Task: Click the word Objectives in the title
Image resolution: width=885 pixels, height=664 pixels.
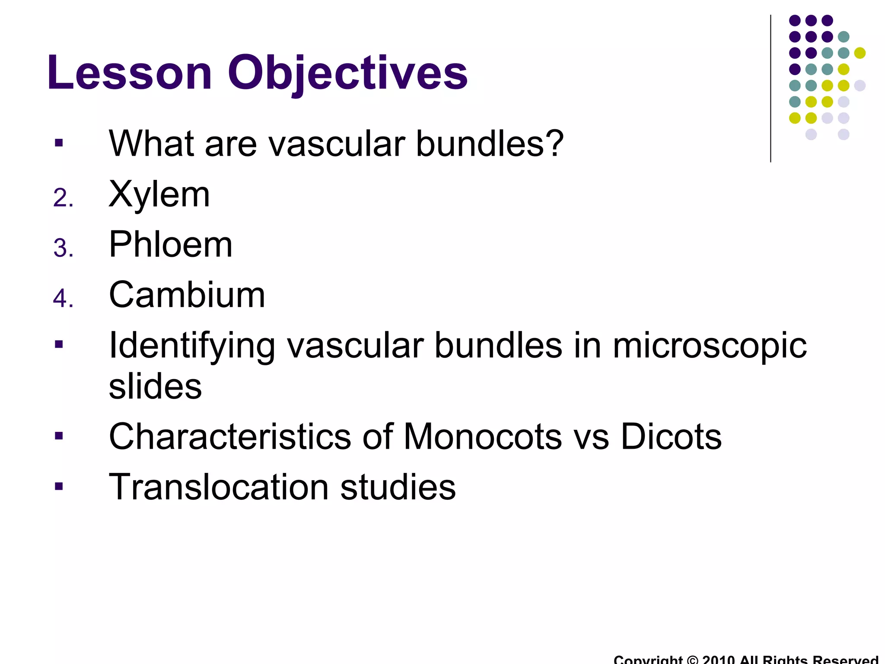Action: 347,73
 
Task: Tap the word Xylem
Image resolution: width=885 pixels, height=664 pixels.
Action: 159,194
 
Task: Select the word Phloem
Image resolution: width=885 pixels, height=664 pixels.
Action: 171,245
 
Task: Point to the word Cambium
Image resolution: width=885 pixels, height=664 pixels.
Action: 187,295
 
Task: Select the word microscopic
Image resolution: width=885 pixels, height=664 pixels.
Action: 709,346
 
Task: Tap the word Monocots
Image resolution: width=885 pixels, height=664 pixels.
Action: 482,437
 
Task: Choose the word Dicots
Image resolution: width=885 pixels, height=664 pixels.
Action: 671,437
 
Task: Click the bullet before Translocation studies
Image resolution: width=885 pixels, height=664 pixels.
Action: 59,486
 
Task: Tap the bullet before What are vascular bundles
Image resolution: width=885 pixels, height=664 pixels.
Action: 59,143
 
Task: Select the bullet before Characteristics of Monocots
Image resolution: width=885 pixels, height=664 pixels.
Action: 59,436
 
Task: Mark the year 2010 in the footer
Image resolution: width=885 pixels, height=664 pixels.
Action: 719,660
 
